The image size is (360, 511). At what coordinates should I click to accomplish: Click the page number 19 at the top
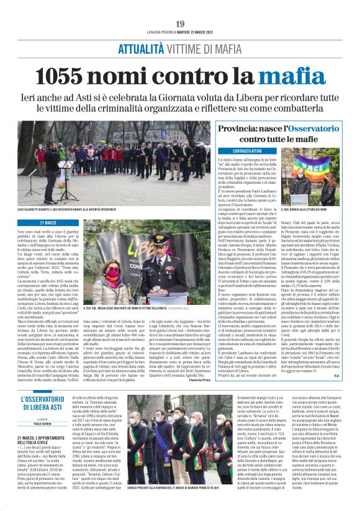180,24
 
